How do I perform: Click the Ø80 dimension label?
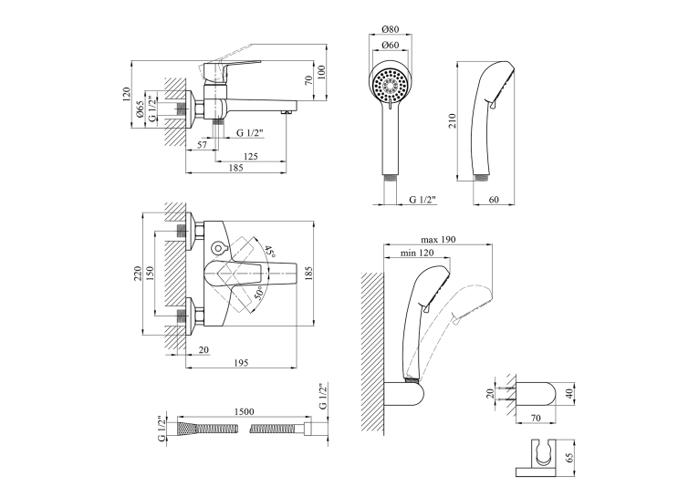click(x=391, y=29)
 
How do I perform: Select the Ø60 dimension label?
click(x=391, y=45)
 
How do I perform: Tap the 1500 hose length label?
click(x=245, y=411)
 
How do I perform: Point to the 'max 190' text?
click(x=438, y=240)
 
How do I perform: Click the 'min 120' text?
click(x=417, y=253)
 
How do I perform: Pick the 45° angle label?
click(x=270, y=253)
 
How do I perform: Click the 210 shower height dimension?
click(x=453, y=120)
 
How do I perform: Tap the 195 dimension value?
click(x=241, y=363)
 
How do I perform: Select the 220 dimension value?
click(x=137, y=273)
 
